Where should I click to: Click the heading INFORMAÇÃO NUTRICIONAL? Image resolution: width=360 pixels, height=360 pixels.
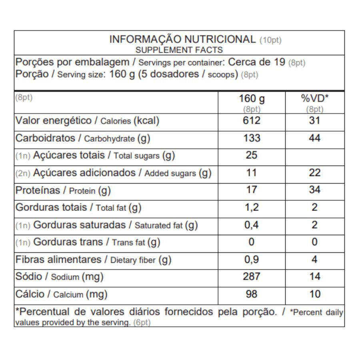(182, 40)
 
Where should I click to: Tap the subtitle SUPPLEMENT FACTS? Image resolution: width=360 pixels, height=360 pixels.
(179, 50)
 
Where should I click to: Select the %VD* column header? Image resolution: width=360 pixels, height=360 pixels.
(314, 99)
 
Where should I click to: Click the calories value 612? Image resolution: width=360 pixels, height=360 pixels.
(252, 121)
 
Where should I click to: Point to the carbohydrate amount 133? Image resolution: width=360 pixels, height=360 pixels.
(252, 138)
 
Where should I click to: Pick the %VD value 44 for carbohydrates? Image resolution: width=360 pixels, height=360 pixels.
(315, 138)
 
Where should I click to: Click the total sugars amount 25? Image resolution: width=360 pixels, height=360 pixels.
(252, 155)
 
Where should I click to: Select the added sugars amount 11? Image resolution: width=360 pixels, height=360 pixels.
(252, 173)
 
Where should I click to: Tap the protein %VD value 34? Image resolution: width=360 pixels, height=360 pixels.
(315, 190)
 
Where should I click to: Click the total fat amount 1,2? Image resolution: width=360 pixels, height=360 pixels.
(252, 207)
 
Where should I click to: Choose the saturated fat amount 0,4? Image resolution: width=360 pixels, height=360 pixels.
(252, 225)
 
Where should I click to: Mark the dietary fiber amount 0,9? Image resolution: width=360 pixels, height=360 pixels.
(252, 260)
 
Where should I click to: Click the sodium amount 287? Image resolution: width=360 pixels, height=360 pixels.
(252, 277)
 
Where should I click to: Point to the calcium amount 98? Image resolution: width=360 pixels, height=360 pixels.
(252, 294)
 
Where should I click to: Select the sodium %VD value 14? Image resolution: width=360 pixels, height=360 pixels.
(315, 277)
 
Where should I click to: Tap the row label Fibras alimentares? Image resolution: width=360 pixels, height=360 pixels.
(58, 260)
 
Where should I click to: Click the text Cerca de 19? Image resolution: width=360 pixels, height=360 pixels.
(256, 62)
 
